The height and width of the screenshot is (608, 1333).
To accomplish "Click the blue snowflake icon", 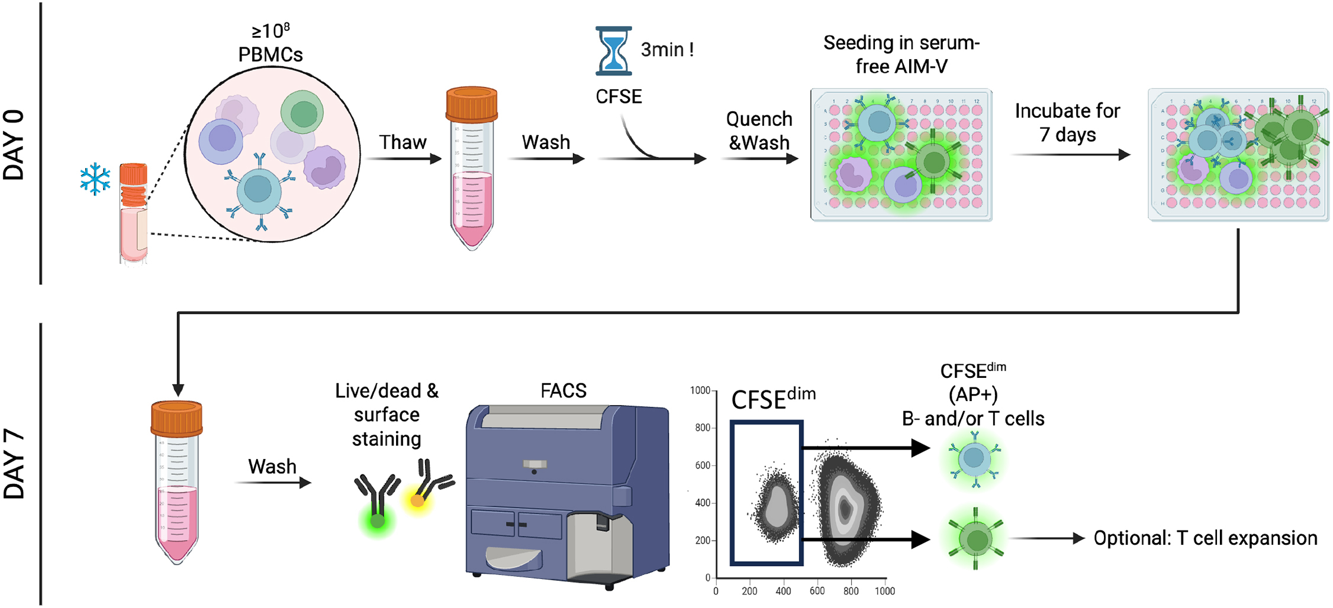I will (x=95, y=180).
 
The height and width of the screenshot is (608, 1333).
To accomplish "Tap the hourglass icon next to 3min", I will (x=614, y=51).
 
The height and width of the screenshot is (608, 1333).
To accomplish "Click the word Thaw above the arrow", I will (x=403, y=143).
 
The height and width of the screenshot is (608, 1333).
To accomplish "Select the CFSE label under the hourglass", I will (x=619, y=96).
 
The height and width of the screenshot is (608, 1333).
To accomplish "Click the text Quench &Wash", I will (x=759, y=131).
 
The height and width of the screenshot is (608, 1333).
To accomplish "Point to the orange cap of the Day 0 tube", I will (x=472, y=104).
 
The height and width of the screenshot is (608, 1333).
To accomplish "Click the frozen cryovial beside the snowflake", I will (x=134, y=213).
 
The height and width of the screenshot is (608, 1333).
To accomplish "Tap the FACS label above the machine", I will (x=563, y=391).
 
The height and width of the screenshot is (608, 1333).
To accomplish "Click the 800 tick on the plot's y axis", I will (x=703, y=428).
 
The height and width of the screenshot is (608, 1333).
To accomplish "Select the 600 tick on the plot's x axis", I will (x=817, y=591).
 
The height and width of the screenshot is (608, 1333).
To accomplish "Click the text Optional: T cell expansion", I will (x=1205, y=538).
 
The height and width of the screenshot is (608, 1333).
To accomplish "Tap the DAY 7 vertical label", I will (x=15, y=465).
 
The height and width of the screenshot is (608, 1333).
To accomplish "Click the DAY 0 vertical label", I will (x=15, y=145).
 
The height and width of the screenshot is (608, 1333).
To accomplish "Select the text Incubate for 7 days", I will (x=1067, y=123).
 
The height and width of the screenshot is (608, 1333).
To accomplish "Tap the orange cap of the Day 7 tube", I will (x=177, y=418).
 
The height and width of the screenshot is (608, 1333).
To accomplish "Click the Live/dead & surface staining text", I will (x=387, y=415).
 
